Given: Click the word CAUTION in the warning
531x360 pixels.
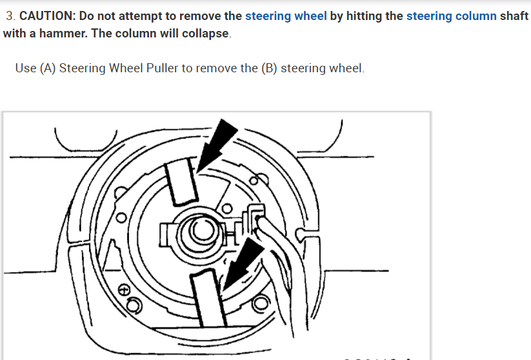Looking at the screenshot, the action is point(46,16).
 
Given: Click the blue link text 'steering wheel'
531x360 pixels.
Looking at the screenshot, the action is point(286,16).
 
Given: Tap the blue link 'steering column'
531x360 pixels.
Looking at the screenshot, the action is point(452,16).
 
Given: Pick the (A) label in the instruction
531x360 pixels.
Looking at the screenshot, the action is point(48,68).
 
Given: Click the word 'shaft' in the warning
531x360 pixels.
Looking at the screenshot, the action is point(514,16).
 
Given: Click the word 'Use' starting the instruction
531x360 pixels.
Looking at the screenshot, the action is point(26,68).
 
